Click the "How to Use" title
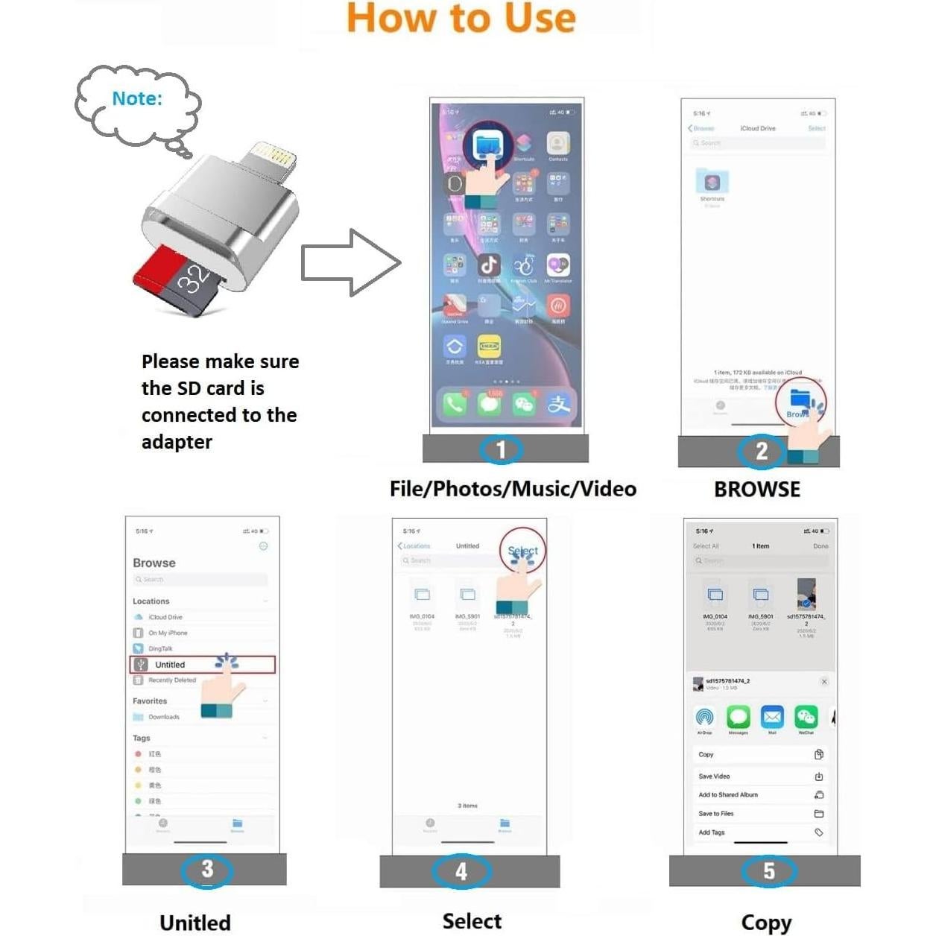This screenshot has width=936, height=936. pyautogui.click(x=461, y=19)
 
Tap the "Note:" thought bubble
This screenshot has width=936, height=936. pyautogui.click(x=138, y=100)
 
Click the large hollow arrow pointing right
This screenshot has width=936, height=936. pyautogui.click(x=351, y=263)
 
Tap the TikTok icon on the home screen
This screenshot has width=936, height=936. pyautogui.click(x=489, y=265)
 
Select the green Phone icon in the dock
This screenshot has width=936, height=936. pyautogui.click(x=455, y=404)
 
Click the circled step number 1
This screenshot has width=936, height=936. pyautogui.click(x=501, y=449)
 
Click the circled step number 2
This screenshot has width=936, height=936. pyautogui.click(x=761, y=451)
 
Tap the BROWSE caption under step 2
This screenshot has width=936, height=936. pyautogui.click(x=757, y=490)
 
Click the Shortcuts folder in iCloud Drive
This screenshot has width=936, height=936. pyautogui.click(x=712, y=183)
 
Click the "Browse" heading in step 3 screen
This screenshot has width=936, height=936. pyautogui.click(x=154, y=563)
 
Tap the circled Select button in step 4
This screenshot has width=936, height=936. pyautogui.click(x=522, y=551)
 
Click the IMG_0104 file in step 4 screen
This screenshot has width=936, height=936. pyautogui.click(x=422, y=596)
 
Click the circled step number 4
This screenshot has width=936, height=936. pyautogui.click(x=461, y=871)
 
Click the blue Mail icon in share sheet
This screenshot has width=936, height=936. pyautogui.click(x=772, y=717)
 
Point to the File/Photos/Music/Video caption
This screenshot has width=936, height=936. pyautogui.click(x=513, y=489)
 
